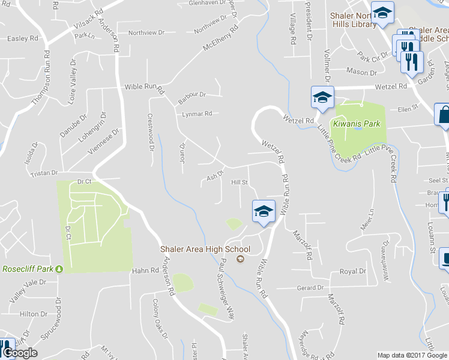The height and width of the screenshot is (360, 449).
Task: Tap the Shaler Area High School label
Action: [205, 249]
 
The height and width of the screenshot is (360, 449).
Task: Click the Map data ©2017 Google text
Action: [412, 355]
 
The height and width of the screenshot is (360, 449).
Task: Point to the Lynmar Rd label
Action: [197, 113]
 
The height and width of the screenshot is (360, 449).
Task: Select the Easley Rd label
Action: [22, 38]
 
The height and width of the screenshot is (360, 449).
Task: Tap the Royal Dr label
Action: [353, 271]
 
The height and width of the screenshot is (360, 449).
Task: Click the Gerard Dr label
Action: [310, 288]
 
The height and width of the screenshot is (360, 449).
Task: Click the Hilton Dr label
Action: [33, 314]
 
